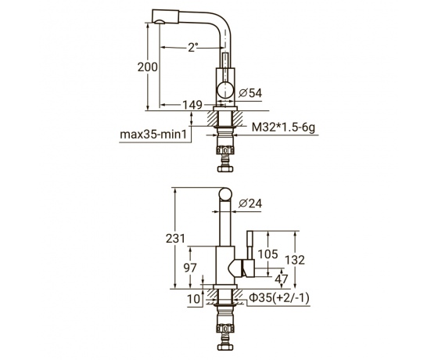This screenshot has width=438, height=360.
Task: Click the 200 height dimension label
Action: [148, 67]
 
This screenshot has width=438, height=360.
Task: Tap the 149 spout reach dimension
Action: [192, 105]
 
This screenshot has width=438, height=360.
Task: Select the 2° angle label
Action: [193, 47]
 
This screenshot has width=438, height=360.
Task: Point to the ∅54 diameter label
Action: [250, 93]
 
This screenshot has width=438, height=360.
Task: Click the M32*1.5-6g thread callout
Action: [283, 128]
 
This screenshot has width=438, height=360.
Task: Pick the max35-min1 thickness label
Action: [153, 135]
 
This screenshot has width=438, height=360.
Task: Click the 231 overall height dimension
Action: [176, 239]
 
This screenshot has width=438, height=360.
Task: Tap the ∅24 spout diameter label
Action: [250, 203]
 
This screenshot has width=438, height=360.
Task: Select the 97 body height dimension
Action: [190, 268]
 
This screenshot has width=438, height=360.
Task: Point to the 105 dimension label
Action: [267, 254]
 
